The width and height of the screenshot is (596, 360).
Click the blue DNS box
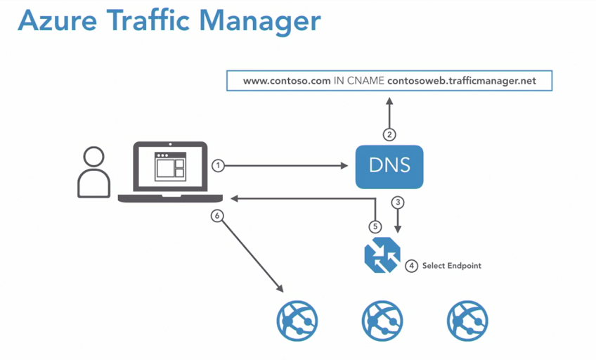(389, 167)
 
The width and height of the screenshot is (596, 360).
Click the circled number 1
(218, 165)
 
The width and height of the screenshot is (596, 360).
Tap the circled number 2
(389, 134)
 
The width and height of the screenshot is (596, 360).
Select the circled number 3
(398, 202)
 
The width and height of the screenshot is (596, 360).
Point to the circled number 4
(411, 266)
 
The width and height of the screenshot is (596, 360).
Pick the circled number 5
(375, 226)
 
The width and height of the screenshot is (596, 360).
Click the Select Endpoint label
(451, 266)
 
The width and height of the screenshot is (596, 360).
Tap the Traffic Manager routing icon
(382, 255)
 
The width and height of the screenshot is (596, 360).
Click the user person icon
(93, 172)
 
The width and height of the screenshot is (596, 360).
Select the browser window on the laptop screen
(169, 165)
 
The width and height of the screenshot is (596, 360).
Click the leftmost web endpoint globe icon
(297, 320)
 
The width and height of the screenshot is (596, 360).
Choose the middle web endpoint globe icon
(383, 320)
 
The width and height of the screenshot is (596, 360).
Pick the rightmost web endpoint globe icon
(467, 320)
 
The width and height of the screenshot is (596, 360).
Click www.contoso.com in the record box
(287, 81)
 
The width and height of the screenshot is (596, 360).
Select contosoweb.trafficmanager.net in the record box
(461, 81)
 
